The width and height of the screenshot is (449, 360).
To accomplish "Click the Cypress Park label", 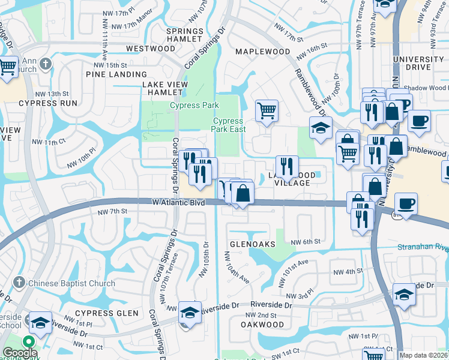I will tap(194, 106).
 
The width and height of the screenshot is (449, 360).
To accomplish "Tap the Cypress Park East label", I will tap(229, 125).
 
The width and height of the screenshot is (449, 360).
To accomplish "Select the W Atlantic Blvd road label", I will tap(178, 203).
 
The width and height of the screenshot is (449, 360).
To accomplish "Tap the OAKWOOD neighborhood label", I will tap(262, 325).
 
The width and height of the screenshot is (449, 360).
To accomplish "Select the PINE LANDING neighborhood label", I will tap(112, 74).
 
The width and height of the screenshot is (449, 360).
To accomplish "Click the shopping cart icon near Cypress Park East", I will tap(267, 110).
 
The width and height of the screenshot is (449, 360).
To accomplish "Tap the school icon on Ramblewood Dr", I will tap(321, 127).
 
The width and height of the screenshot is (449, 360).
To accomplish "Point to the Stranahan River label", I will tap(423, 247).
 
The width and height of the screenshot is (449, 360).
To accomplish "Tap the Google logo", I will tap(20, 353).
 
